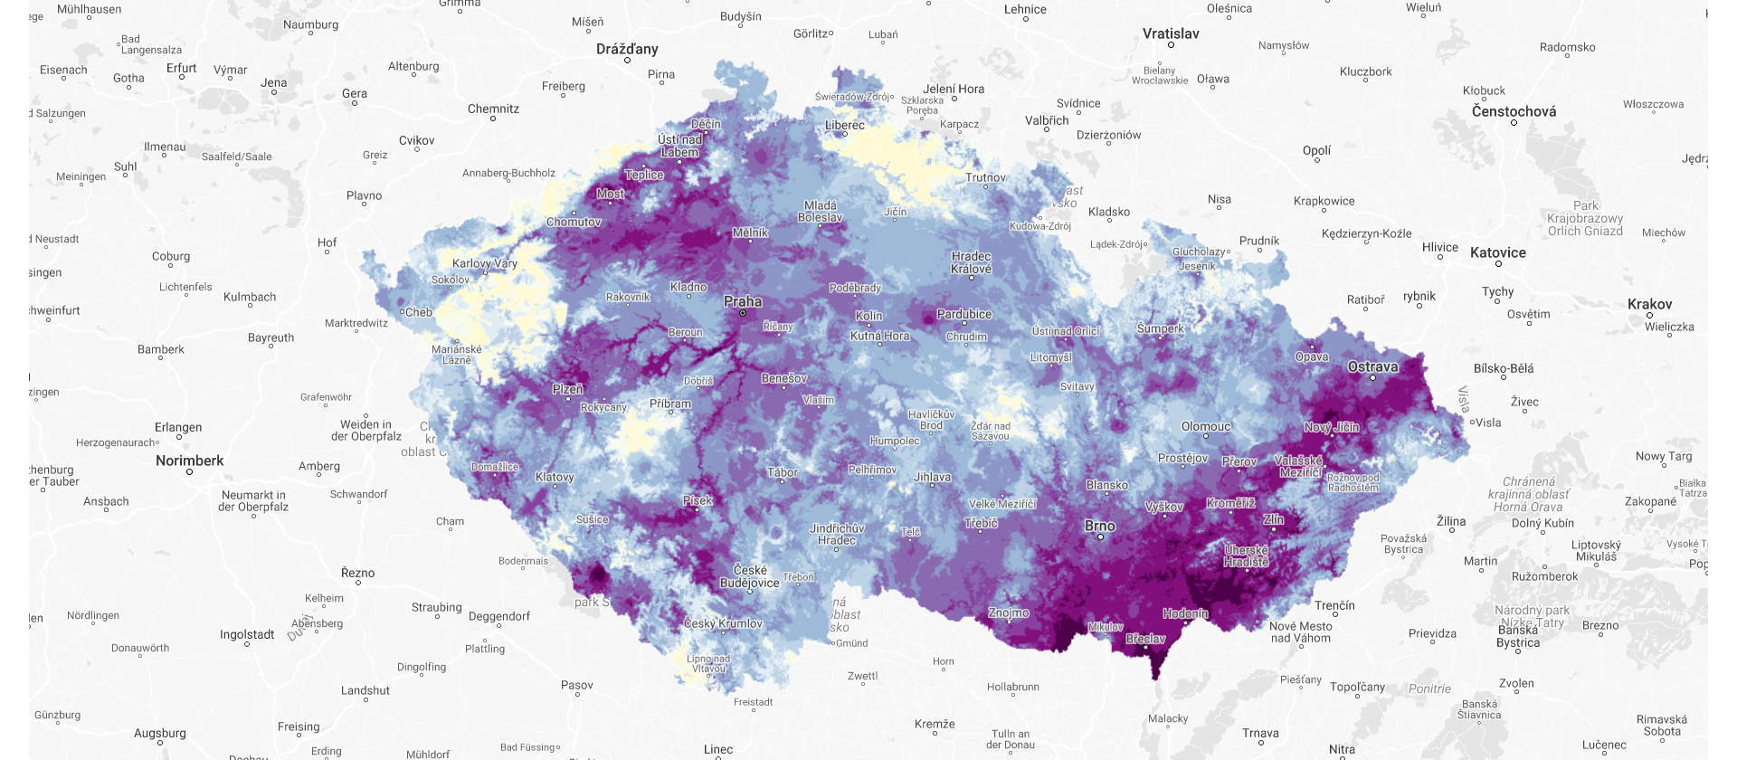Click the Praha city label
(x=743, y=301)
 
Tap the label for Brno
(x=1100, y=526)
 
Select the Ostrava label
(x=1372, y=366)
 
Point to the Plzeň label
(x=568, y=389)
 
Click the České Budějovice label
(x=750, y=576)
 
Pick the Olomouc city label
(x=1206, y=426)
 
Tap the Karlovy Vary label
(x=485, y=263)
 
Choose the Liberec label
(x=845, y=125)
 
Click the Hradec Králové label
(x=971, y=262)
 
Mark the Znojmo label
(x=1009, y=613)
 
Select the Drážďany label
(x=627, y=49)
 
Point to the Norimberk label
(x=189, y=461)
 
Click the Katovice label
(x=1498, y=252)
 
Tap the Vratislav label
(x=1171, y=33)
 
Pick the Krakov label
(x=1649, y=304)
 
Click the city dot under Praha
(x=743, y=313)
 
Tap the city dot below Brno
(x=1100, y=537)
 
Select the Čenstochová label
(x=1514, y=111)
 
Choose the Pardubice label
(x=964, y=314)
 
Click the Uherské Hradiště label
(x=1247, y=556)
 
